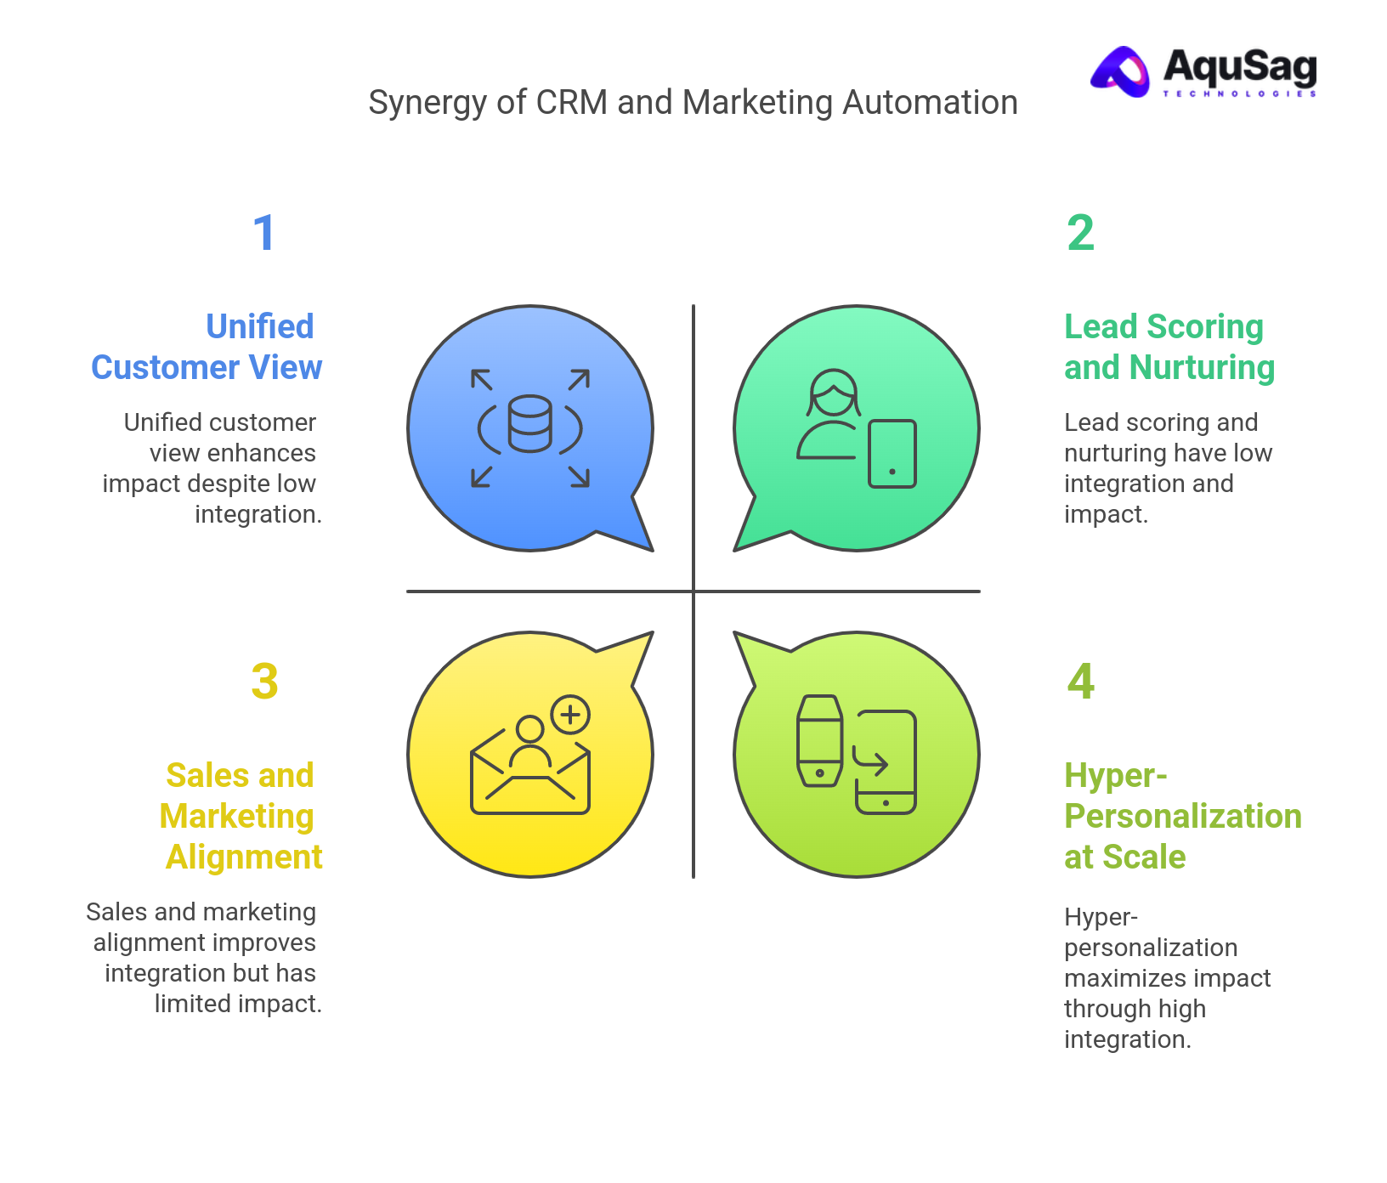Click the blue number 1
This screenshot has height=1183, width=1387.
(264, 233)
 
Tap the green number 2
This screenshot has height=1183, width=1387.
(1080, 233)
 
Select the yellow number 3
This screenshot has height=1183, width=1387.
(264, 682)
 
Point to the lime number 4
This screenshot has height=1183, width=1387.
(1080, 682)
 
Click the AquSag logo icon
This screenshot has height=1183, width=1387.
(1121, 71)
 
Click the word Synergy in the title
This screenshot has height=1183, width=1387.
(427, 104)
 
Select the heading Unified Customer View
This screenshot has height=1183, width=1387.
(207, 347)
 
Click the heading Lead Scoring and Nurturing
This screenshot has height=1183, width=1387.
(1169, 347)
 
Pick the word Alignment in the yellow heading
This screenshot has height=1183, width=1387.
(244, 857)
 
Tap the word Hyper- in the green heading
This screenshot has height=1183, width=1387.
(1115, 775)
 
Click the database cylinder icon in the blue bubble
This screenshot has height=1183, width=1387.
(529, 424)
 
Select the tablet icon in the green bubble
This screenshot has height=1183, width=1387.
(892, 454)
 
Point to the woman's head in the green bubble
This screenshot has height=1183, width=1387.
(833, 391)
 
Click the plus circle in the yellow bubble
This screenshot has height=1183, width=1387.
(570, 715)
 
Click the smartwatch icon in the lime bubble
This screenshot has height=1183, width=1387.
(819, 741)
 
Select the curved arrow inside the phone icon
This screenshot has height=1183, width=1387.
(871, 762)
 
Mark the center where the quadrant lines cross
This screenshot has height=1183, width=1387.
(693, 591)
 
